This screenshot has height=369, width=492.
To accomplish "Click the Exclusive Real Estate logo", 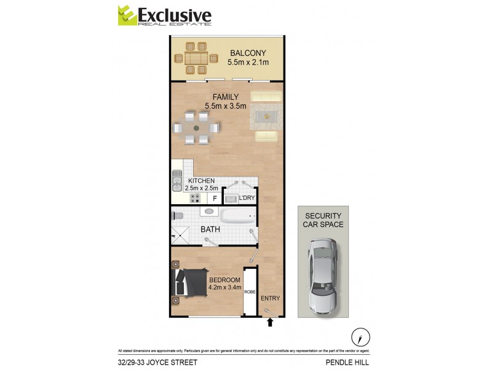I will click(164, 16).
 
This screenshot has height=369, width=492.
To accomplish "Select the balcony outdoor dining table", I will click(197, 58).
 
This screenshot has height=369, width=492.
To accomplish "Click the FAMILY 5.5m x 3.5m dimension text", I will click(225, 106).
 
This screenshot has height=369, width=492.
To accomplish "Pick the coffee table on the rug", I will click(269, 117).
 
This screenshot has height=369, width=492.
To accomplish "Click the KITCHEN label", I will click(201, 181).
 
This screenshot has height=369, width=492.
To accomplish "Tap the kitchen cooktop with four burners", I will click(196, 198).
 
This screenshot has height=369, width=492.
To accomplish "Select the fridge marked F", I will click(215, 198).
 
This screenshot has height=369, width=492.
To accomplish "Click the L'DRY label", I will click(246, 197).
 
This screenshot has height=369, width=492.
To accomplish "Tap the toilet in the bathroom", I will click(178, 216).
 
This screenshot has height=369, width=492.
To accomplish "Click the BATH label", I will click(210, 230).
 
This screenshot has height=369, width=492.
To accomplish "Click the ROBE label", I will click(250, 292).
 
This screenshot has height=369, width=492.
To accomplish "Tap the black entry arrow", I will click(269, 321).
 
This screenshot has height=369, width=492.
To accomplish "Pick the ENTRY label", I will click(270, 298).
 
